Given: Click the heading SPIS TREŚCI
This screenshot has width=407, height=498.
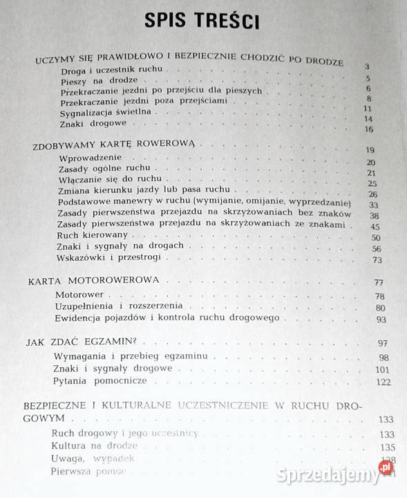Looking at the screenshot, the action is coord(202,21).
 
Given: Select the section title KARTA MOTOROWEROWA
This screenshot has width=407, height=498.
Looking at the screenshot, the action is coord(94,281).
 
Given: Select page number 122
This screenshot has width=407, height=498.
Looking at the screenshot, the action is coord(384,382).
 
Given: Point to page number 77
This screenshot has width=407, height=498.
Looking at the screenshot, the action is coord(378,283).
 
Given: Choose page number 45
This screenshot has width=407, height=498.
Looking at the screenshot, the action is coord(375,227).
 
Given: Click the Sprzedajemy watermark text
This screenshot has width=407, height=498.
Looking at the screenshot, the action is coord(328,475).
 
